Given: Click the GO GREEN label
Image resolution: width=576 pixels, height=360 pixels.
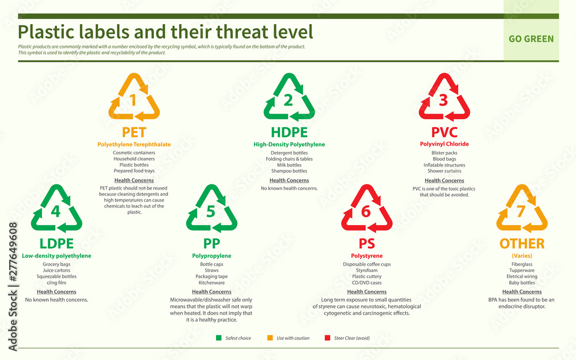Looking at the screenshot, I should pos(530,39).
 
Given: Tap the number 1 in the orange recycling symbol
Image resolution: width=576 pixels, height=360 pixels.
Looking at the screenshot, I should pos(134,100).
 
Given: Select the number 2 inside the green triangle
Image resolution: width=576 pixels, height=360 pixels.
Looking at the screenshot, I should pos(289,100).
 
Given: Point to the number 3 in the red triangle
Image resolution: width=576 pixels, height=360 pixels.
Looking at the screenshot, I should pos(443,100).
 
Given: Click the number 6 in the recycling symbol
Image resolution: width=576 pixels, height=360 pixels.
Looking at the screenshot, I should pos(366,211).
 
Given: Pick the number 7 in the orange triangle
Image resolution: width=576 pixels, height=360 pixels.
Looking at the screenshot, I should pos(521,211).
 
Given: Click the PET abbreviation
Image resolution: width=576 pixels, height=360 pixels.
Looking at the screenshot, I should pos(134,132).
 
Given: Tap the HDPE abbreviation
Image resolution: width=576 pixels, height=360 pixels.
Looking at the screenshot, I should pos(289,132).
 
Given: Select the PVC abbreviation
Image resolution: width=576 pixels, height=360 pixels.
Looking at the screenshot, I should pos(443,132).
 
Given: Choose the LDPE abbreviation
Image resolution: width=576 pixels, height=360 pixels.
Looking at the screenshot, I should pos(56,243).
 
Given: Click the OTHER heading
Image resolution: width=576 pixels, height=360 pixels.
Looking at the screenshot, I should pos(521,243).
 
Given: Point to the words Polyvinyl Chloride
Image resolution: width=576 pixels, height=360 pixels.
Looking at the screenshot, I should pos(443,144).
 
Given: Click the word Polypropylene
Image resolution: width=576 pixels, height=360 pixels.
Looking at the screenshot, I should pos(211,256).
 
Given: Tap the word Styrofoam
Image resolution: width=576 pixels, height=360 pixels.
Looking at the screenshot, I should pos(366,271).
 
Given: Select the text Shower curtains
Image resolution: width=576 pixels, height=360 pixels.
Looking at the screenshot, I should pos(443,171).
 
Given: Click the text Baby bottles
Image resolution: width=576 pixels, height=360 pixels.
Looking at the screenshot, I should pos(521,283).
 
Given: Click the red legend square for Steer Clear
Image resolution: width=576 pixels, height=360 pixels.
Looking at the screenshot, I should pos(328,338).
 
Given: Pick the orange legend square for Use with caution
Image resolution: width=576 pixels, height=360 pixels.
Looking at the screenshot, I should pos(270,338).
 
